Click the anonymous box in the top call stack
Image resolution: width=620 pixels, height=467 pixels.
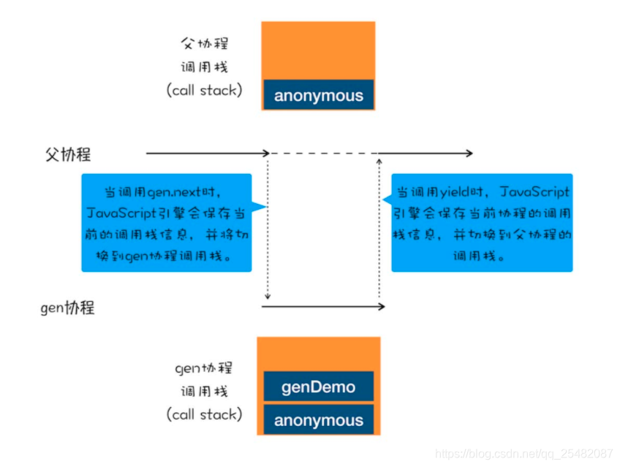318,96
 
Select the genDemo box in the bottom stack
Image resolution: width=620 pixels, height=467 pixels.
318,387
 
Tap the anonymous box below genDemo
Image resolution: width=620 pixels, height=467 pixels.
318,419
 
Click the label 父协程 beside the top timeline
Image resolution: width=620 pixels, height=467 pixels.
68,154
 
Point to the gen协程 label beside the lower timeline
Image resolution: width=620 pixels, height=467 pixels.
67,308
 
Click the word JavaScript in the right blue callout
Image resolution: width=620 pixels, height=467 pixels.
534,193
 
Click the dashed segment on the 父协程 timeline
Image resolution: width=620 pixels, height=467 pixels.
323,153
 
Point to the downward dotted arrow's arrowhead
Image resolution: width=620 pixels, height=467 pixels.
268,296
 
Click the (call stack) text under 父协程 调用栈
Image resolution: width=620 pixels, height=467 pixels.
204,90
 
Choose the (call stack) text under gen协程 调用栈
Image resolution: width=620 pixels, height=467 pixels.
204,414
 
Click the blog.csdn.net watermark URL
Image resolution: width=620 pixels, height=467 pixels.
523,454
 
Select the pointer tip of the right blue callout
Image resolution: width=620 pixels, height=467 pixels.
382,200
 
